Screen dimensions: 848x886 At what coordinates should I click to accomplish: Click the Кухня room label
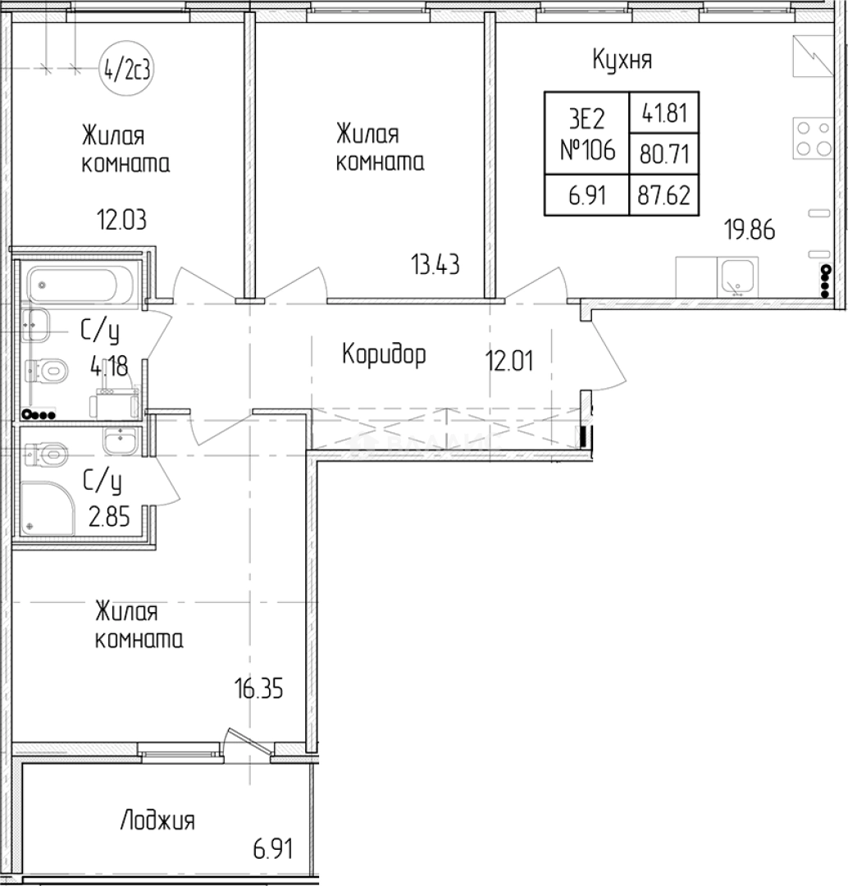(x=622, y=59)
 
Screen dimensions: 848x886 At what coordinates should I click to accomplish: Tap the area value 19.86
(x=750, y=230)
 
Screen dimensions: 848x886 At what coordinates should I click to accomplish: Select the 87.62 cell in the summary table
(x=663, y=195)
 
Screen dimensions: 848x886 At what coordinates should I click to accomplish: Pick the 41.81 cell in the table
(x=664, y=113)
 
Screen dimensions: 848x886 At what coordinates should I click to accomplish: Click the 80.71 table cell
(x=664, y=153)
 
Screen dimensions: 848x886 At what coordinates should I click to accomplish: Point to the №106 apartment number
(x=587, y=150)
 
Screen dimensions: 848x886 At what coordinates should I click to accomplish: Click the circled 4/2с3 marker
(x=126, y=70)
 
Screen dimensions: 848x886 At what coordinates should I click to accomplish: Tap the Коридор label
(x=384, y=355)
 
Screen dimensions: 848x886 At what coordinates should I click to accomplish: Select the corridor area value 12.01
(x=509, y=360)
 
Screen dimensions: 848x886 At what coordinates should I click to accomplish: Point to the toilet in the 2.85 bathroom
(x=46, y=453)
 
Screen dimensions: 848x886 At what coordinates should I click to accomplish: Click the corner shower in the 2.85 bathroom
(x=48, y=508)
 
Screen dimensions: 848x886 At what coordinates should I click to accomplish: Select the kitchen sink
(x=736, y=277)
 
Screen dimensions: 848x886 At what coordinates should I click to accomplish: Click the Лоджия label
(x=157, y=821)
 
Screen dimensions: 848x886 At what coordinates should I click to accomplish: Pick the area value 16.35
(x=259, y=689)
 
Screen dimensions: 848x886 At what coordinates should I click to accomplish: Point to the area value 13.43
(x=435, y=264)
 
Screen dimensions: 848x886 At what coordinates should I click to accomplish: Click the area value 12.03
(x=121, y=219)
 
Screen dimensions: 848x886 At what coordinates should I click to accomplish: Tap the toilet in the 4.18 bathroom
(x=47, y=372)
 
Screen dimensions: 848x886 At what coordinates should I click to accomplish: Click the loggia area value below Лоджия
(x=273, y=849)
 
